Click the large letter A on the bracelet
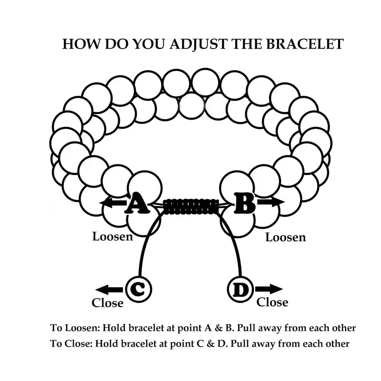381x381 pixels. (x=137, y=203)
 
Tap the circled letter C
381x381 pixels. (x=138, y=289)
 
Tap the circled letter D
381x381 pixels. (x=241, y=289)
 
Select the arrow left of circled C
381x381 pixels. (x=109, y=289)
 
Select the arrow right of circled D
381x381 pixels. (x=269, y=289)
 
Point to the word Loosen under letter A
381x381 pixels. (x=112, y=236)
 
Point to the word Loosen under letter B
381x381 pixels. (x=285, y=237)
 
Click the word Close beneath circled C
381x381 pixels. (x=108, y=303)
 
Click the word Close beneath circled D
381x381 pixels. (x=272, y=302)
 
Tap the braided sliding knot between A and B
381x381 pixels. (x=190, y=205)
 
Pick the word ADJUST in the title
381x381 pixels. (x=194, y=44)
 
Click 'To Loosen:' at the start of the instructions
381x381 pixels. (x=75, y=328)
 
